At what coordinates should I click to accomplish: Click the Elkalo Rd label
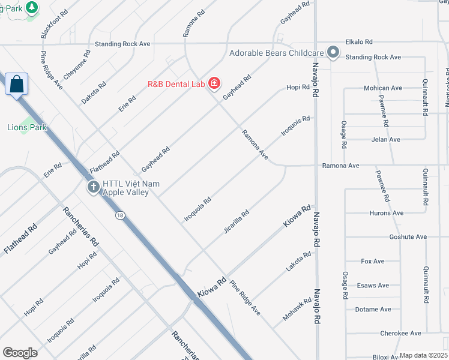359,42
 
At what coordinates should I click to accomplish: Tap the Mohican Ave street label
382,88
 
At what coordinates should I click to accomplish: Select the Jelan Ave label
385,140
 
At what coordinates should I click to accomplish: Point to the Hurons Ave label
386,213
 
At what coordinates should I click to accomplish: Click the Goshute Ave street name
408,237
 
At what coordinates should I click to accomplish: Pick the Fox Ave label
373,262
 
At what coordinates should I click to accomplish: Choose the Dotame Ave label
373,310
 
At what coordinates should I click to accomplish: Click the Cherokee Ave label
400,334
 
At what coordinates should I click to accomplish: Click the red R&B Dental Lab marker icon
214,83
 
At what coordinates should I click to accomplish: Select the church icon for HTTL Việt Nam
93,188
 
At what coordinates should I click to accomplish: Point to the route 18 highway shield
122,215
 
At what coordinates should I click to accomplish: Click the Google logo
20,353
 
